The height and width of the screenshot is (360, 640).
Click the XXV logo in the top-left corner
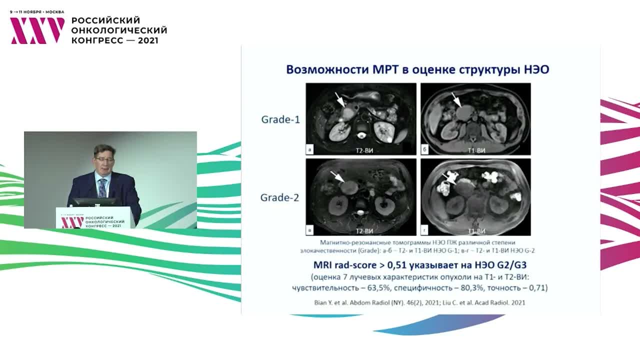tap(37, 30)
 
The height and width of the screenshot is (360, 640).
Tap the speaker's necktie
tap(103, 187)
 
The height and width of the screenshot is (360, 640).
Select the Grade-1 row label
tap(280, 119)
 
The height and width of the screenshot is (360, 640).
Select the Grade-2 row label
tap(280, 197)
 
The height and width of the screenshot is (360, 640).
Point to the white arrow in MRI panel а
tap(340, 99)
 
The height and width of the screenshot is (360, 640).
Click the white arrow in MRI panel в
tap(336, 176)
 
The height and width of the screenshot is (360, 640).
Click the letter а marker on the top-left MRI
tap(311, 149)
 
